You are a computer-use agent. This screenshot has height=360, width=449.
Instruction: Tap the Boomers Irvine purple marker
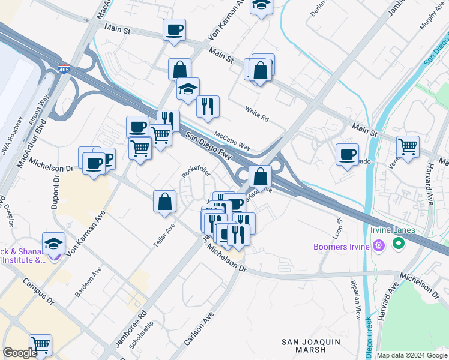(378, 245)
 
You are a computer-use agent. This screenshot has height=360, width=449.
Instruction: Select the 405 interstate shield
(64, 70)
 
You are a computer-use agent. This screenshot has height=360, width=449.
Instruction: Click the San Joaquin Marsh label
(312, 345)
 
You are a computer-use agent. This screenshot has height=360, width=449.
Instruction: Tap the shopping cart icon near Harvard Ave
(408, 146)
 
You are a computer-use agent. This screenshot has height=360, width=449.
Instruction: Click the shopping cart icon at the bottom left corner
(40, 345)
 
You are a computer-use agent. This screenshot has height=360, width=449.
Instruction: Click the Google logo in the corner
(20, 353)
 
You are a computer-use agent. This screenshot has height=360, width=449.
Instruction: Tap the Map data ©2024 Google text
(411, 355)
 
